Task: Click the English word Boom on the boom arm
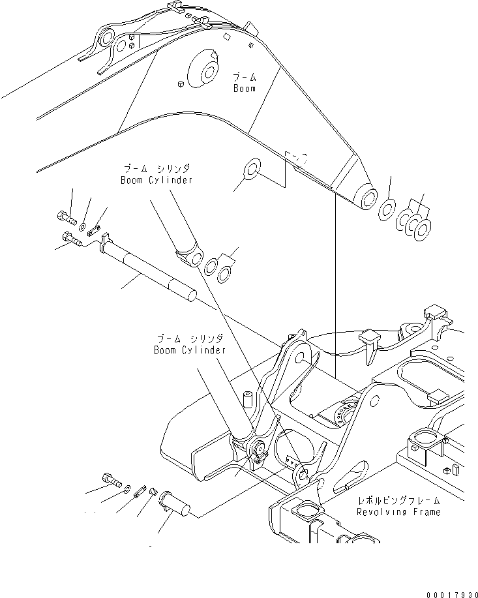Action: point(245,88)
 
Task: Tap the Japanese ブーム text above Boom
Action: point(245,77)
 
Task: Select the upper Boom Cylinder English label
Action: point(156,180)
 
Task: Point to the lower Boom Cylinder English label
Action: point(190,350)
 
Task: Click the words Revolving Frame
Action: point(398,512)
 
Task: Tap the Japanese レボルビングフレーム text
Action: point(398,501)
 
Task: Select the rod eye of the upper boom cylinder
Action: point(194,259)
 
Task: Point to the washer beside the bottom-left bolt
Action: point(125,488)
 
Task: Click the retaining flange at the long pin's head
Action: point(104,245)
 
